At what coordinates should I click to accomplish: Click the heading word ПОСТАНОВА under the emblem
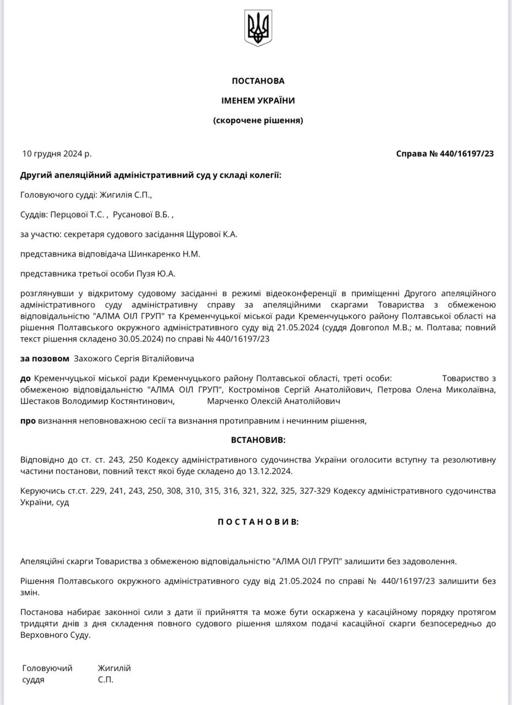[x=258, y=81]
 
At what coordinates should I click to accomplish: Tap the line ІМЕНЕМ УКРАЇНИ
[x=258, y=101]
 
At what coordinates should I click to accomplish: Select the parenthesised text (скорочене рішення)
[x=258, y=120]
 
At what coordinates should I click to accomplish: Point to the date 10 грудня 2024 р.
[x=57, y=154]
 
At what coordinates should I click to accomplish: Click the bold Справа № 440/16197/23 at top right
[x=445, y=154]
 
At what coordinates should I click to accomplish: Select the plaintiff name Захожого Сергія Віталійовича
[x=134, y=359]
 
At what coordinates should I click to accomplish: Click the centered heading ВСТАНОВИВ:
[x=258, y=441]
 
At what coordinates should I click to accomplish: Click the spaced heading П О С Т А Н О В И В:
[x=258, y=522]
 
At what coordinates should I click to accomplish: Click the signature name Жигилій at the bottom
[x=115, y=668]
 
